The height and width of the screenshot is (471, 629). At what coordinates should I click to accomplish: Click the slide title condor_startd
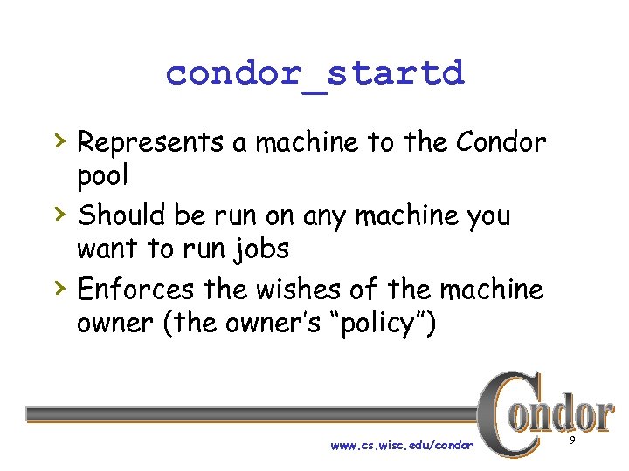click(x=314, y=73)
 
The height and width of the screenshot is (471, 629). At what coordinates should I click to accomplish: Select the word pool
click(x=102, y=176)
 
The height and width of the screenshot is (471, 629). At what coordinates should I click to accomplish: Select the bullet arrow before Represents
click(x=59, y=138)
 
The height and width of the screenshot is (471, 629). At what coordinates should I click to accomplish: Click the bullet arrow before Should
click(x=59, y=211)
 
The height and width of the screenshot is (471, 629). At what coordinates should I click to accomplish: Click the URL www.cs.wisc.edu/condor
click(x=402, y=445)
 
